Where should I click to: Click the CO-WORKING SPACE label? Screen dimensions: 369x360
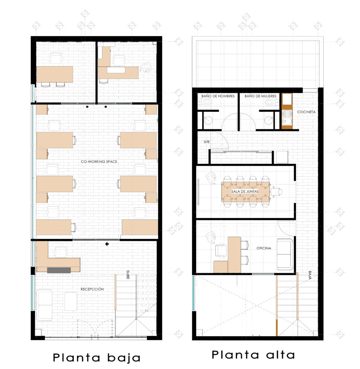pyautogui.click(x=99, y=162)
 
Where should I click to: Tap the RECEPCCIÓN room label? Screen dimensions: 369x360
pyautogui.click(x=92, y=289)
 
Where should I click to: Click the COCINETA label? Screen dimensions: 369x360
pyautogui.click(x=306, y=112)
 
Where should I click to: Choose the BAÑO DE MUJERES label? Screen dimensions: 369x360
pyautogui.click(x=260, y=96)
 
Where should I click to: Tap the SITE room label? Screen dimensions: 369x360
pyautogui.click(x=206, y=142)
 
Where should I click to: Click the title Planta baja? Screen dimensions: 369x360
pyautogui.click(x=97, y=358)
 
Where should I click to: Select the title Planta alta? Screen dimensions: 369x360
pyautogui.click(x=253, y=355)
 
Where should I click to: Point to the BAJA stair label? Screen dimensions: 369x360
pyautogui.click(x=310, y=275)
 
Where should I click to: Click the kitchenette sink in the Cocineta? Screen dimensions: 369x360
pyautogui.click(x=287, y=116)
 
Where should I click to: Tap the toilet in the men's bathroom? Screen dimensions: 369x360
pyautogui.click(x=207, y=103)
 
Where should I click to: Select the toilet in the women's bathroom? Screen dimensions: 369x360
pyautogui.click(x=269, y=103)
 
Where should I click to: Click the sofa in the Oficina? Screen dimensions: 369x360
pyautogui.click(x=285, y=254)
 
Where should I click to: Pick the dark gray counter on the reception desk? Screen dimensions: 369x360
pyautogui.click(x=59, y=270)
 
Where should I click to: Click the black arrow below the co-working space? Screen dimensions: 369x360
pyautogui.click(x=107, y=244)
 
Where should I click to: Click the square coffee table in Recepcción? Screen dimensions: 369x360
pyautogui.click(x=71, y=301)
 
